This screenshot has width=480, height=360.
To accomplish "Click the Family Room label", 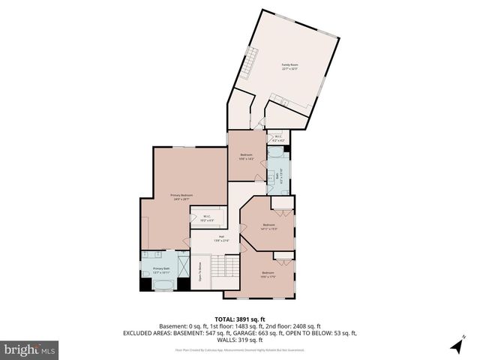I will pyautogui.click(x=289, y=66).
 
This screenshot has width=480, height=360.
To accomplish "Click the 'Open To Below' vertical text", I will pyautogui.click(x=200, y=270).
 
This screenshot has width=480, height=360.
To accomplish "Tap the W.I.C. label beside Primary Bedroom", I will pyautogui.click(x=206, y=218).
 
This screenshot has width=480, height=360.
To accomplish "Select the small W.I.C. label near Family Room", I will pyautogui.click(x=277, y=138).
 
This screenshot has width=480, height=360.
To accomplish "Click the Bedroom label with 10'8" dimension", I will pyautogui.click(x=247, y=156).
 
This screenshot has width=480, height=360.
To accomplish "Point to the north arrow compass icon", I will pyautogui.click(x=457, y=345).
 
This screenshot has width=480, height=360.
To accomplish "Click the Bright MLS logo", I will pyautogui.click(x=29, y=349).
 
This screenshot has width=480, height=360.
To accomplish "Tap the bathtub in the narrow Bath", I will pyautogui.click(x=275, y=153).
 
